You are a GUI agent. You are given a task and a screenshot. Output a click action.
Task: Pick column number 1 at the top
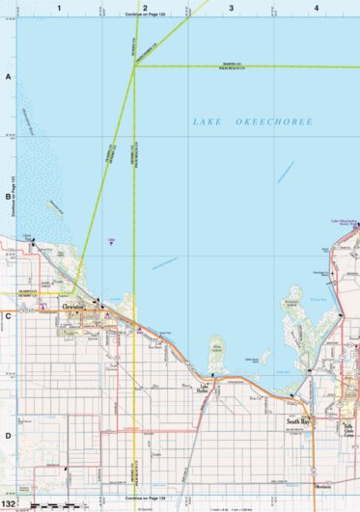pos(59,7)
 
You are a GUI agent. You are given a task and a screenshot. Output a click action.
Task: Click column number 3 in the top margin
pos(231,7)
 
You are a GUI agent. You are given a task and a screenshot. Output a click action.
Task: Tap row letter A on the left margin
pos(8,76)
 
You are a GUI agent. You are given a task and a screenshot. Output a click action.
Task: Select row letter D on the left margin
pos(8,435)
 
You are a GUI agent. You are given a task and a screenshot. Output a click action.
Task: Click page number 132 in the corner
pos(9,503)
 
